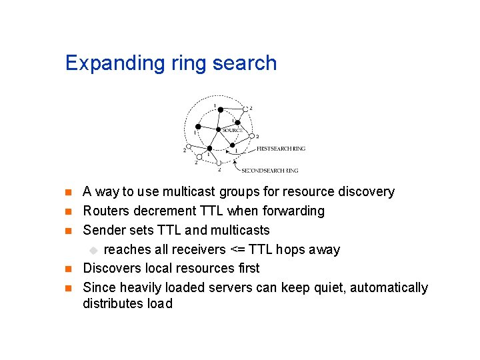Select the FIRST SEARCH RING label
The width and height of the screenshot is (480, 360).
click(x=281, y=149)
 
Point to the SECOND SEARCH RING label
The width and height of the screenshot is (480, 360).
click(x=269, y=170)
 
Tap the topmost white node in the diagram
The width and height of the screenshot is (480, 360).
click(x=245, y=109)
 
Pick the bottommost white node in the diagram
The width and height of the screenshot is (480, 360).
click(x=219, y=163)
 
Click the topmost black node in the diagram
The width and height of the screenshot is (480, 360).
click(x=220, y=109)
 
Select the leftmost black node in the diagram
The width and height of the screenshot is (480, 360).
click(x=197, y=127)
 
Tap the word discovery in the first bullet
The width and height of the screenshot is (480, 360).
click(x=365, y=192)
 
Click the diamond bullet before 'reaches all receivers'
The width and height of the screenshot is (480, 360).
click(x=93, y=250)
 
